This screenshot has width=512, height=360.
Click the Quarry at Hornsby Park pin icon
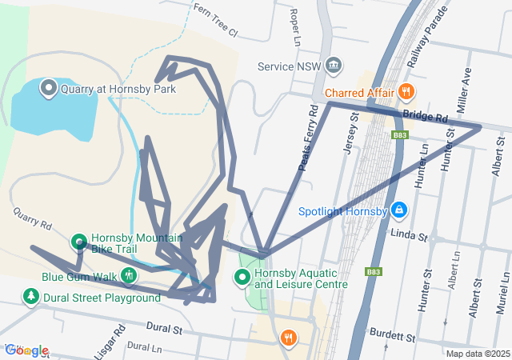point(47,88)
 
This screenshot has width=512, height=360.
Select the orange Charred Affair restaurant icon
point(407,91)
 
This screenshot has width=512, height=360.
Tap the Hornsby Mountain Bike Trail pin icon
point(79,241)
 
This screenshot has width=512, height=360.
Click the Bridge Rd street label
point(425,117)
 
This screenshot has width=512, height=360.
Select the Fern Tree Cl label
point(215,21)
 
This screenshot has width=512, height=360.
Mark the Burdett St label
point(390,332)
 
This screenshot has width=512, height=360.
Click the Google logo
point(26,350)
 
